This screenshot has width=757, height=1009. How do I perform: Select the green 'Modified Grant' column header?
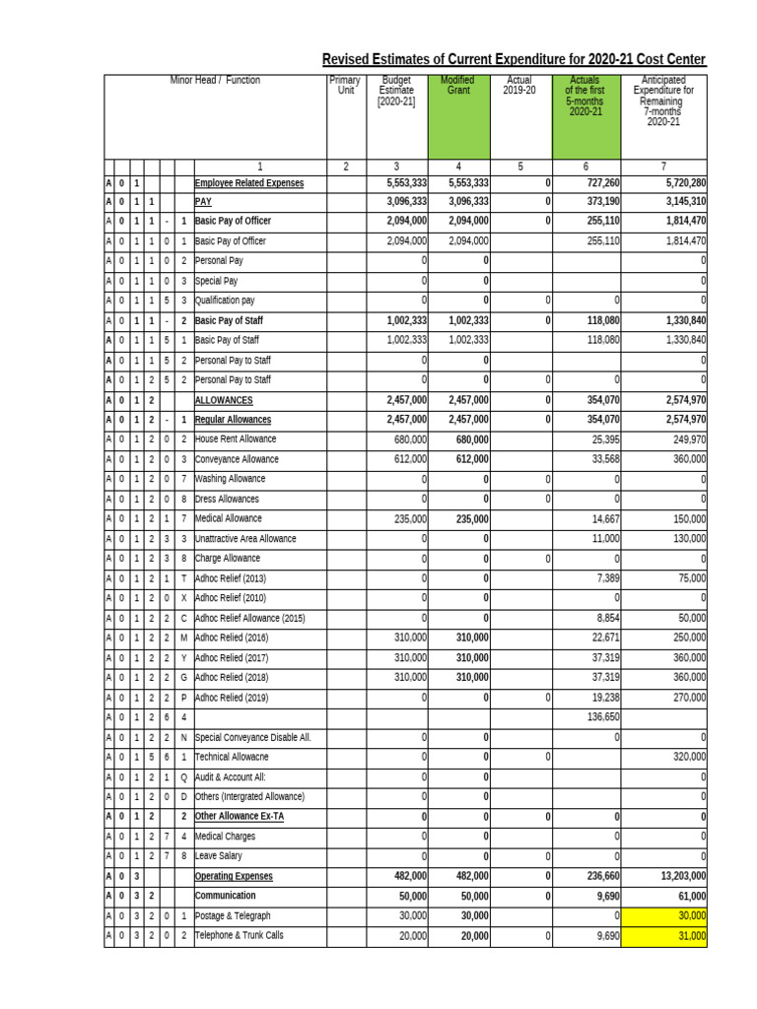click(x=457, y=86)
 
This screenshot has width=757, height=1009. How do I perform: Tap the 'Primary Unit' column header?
click(x=345, y=86)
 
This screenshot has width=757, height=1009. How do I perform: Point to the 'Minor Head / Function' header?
click(x=215, y=81)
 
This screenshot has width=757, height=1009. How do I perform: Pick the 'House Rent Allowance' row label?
click(x=236, y=439)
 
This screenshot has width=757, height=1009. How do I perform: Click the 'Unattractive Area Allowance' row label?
click(x=245, y=539)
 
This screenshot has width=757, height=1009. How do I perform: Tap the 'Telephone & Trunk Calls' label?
click(x=240, y=935)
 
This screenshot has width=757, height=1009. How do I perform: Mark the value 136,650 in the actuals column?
click(x=602, y=717)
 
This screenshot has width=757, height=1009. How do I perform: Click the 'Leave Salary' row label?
click(x=219, y=856)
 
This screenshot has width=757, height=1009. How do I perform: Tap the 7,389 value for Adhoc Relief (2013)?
click(x=605, y=578)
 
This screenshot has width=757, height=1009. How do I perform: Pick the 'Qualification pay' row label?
click(x=225, y=301)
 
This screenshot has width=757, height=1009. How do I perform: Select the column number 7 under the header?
click(x=663, y=167)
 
